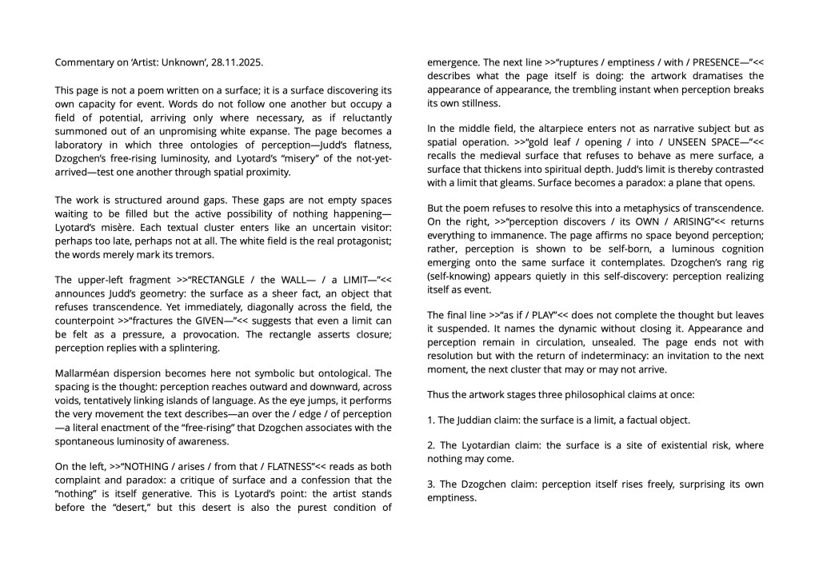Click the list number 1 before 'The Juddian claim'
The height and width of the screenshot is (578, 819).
(x=430, y=420)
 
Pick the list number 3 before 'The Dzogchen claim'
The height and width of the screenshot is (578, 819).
(x=430, y=484)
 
